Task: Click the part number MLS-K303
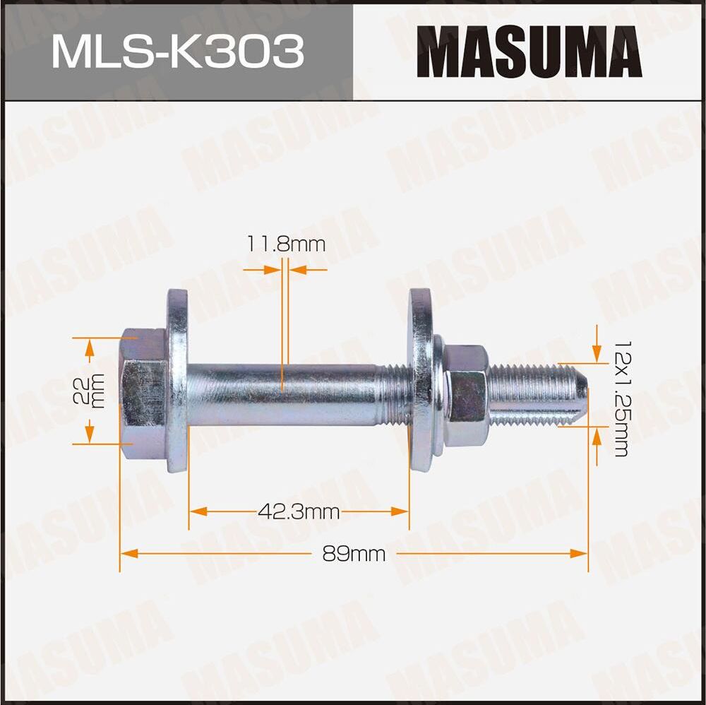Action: (177, 51)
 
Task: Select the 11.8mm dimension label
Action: (286, 245)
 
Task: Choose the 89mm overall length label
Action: (354, 554)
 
